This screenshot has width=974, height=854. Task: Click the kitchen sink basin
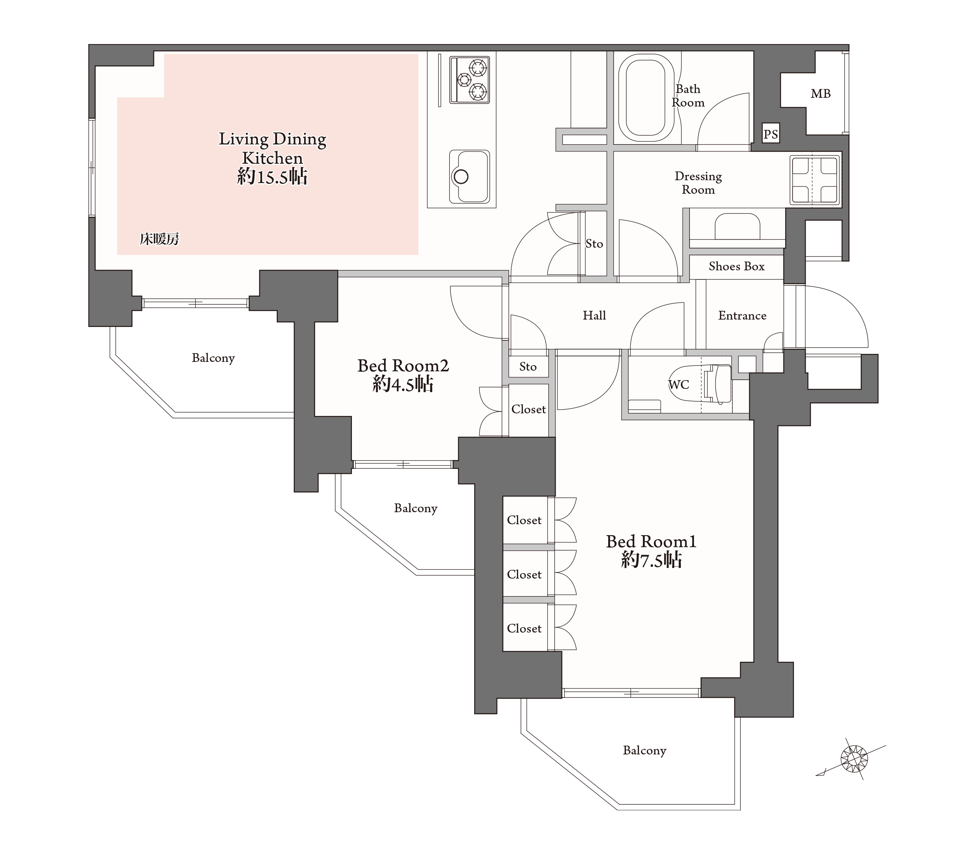[x=469, y=176]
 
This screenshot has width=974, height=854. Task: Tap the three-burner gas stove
[x=469, y=80]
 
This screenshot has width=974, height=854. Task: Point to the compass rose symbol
[x=854, y=758]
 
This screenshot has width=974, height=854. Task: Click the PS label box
[x=771, y=134]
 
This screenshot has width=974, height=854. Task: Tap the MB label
[x=821, y=94]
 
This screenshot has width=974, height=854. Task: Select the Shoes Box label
[x=736, y=266]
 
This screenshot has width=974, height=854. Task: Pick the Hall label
[x=594, y=315]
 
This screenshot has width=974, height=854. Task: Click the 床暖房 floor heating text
[x=159, y=239]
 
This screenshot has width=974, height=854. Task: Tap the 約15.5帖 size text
[x=272, y=177]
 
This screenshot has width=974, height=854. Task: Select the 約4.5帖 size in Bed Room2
[x=403, y=384]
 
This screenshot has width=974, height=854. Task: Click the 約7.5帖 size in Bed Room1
[x=651, y=560]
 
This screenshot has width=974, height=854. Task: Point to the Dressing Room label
[x=698, y=183]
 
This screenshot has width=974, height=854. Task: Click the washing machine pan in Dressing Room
[x=814, y=180]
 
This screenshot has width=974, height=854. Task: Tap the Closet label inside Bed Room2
[x=529, y=409]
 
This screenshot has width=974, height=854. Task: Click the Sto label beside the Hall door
[x=528, y=366]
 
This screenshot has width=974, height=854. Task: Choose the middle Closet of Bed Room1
[x=524, y=575]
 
